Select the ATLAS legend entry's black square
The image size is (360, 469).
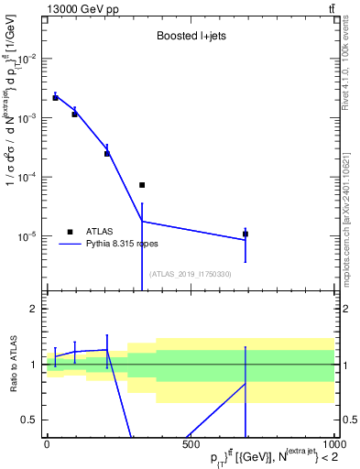pos(70,232)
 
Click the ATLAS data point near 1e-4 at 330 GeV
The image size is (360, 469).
pos(142,185)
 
